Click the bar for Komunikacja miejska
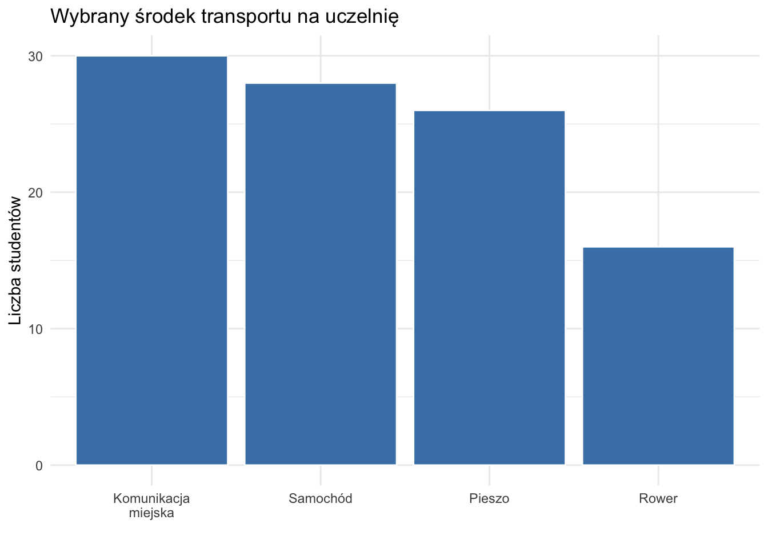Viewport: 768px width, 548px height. [151, 260]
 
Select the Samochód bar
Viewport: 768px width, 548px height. [321, 274]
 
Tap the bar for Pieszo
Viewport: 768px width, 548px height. [489, 288]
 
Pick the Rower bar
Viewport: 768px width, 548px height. [658, 356]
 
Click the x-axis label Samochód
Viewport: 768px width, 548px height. [321, 499]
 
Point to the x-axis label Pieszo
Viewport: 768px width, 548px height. [489, 499]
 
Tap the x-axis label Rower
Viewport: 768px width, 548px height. [658, 499]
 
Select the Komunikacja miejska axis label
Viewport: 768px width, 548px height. [151, 506]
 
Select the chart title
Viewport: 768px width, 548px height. [224, 17]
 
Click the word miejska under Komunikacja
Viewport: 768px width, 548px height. [151, 513]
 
